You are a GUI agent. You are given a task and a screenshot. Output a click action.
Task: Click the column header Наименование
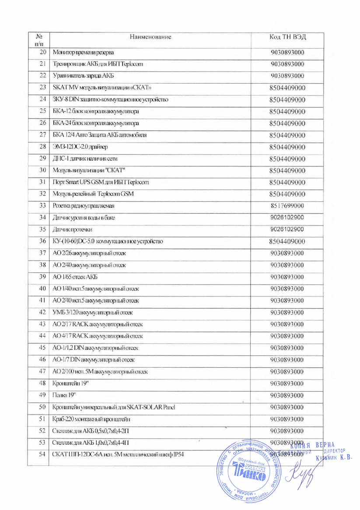point(150,37)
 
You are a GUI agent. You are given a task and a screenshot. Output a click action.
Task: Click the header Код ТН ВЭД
point(287,37)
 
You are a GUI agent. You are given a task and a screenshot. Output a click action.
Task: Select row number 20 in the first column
point(42,53)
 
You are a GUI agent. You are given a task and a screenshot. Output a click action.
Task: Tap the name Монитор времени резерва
point(83,53)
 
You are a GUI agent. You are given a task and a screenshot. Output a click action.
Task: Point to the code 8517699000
point(287,206)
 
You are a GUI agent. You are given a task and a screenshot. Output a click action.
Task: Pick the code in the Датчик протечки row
point(287,229)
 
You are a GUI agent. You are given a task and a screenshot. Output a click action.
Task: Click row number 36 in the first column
point(42,241)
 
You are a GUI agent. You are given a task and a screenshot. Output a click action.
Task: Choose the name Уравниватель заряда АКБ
point(80,76)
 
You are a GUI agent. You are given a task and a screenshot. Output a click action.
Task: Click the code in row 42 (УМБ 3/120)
point(287,312)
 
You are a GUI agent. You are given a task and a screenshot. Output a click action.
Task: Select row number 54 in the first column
point(42,454)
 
